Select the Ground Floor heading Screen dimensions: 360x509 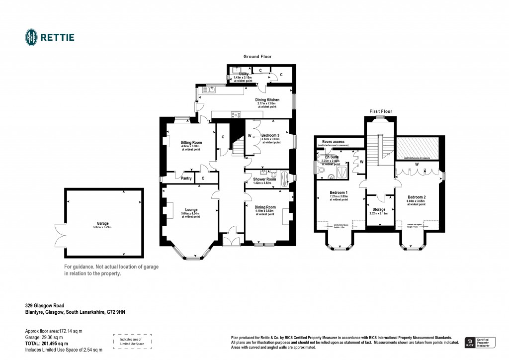(257, 57)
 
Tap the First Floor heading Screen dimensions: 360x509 (380, 111)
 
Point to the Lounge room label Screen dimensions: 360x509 (191, 210)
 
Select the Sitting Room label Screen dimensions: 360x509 (191, 142)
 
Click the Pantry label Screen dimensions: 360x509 (186, 178)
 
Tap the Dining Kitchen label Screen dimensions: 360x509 (267, 100)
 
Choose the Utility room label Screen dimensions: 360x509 (243, 74)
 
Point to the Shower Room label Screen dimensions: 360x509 (264, 179)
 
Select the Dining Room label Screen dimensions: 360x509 (265, 207)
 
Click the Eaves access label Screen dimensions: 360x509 (333, 142)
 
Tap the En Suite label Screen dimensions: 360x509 (330, 157)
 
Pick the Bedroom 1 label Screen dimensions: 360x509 (339, 192)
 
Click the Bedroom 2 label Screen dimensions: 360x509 (416, 197)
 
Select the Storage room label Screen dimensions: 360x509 (379, 209)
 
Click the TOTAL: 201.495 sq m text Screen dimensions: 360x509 (47, 343)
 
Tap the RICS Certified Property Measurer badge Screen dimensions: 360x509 (480, 342)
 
